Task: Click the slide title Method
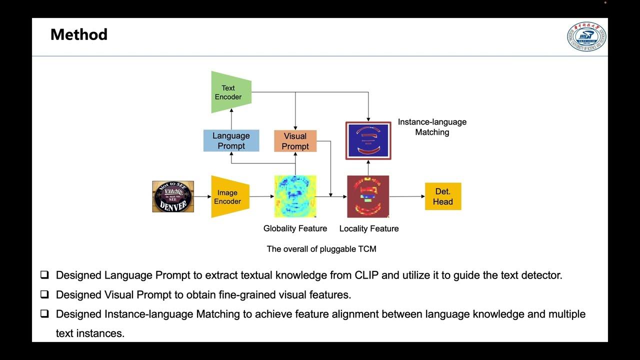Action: [x=79, y=34]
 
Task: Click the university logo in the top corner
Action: [x=586, y=36]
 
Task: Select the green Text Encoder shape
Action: [x=229, y=92]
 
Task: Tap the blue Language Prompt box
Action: [x=231, y=140]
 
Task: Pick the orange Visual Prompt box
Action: [x=295, y=141]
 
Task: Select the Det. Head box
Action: [x=442, y=196]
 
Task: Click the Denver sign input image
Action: [x=173, y=196]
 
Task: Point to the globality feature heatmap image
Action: [x=295, y=196]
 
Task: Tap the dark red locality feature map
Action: [x=368, y=196]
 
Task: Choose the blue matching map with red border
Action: [x=368, y=140]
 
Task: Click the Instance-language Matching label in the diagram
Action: [x=432, y=127]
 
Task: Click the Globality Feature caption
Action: [x=295, y=228]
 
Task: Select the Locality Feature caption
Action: [x=368, y=228]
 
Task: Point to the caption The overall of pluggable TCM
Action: [x=321, y=248]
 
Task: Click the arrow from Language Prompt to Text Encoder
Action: [x=231, y=120]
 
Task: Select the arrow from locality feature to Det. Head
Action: [x=406, y=196]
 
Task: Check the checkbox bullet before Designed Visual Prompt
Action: [x=45, y=294]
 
